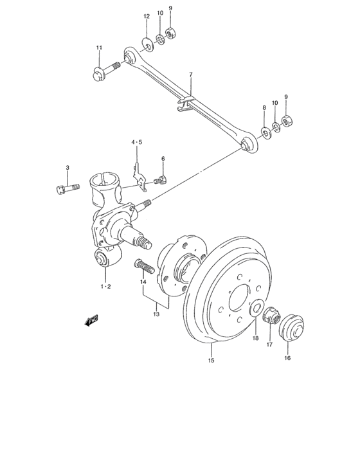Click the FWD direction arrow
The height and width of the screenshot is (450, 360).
click(91, 319)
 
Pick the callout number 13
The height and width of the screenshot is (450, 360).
click(156, 314)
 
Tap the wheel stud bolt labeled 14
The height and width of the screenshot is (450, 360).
click(143, 265)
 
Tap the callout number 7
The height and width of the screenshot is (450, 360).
click(190, 76)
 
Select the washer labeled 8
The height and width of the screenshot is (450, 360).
click(265, 133)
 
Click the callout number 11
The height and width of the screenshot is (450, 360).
click(99, 48)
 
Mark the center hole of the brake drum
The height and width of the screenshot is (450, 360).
click(239, 296)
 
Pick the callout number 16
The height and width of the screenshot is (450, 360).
click(287, 359)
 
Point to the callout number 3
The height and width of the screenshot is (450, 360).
click(67, 168)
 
